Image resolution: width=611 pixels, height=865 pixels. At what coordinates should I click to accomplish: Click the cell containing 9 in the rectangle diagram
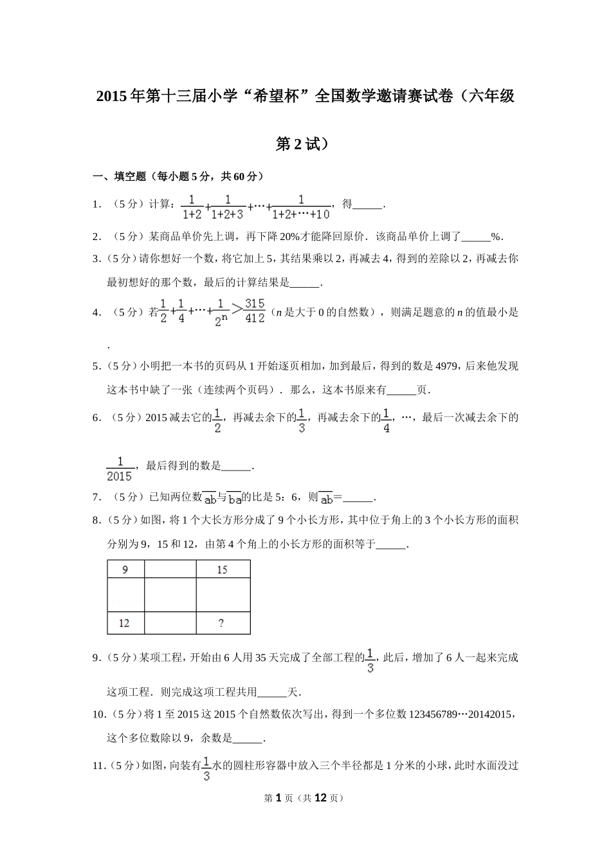pyautogui.click(x=125, y=570)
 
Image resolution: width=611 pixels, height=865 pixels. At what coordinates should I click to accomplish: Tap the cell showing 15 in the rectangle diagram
pyautogui.click(x=223, y=570)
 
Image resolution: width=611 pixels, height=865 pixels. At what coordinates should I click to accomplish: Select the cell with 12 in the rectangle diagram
pyautogui.click(x=125, y=623)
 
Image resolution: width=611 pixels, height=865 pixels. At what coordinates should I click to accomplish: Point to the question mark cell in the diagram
pyautogui.click(x=222, y=623)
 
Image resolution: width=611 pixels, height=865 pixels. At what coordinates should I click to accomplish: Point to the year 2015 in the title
pyautogui.click(x=111, y=97)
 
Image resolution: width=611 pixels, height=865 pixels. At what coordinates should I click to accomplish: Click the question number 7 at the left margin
pyautogui.click(x=96, y=497)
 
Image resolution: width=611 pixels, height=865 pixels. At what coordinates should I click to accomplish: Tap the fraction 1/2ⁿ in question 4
pyautogui.click(x=221, y=312)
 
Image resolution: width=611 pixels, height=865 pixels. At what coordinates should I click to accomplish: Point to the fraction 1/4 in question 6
pyautogui.click(x=387, y=420)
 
